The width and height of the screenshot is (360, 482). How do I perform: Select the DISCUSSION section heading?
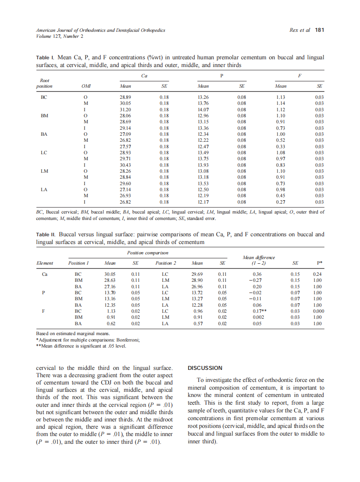[x=205, y=368]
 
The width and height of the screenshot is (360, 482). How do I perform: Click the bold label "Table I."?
[x=45, y=58]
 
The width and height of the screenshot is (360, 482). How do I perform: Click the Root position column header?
[x=44, y=83]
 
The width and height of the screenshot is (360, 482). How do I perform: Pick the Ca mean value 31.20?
[x=125, y=110]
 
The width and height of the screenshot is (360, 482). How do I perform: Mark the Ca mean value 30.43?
[x=125, y=165]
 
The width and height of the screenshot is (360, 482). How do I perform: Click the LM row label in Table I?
[x=44, y=171]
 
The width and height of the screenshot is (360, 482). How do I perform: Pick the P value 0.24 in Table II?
[x=318, y=274]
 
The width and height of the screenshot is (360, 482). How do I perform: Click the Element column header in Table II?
[x=45, y=263]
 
